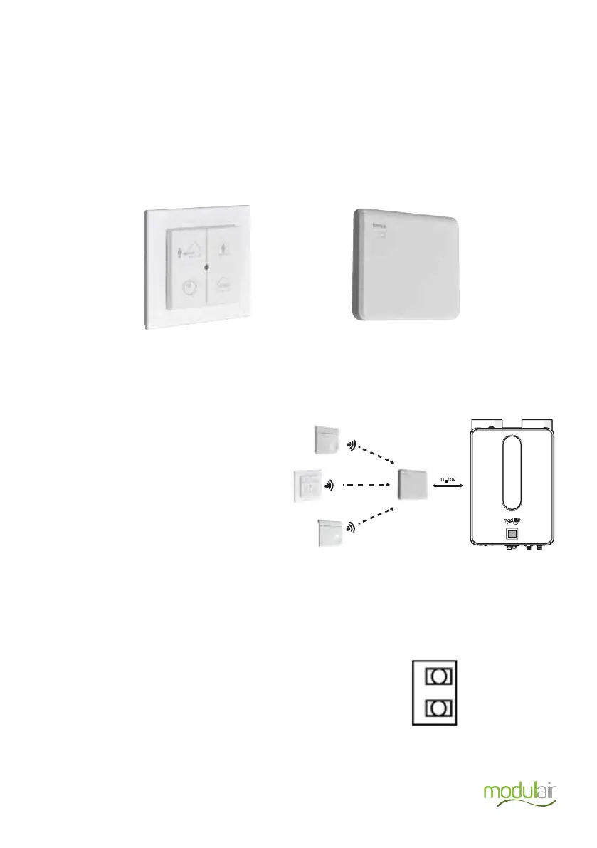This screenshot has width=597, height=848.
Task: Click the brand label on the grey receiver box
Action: coord(379,228)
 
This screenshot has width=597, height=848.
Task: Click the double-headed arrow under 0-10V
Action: coord(446,486)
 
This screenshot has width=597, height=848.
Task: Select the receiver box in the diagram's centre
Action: coord(413,484)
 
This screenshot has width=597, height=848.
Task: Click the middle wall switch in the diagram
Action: coord(308,487)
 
